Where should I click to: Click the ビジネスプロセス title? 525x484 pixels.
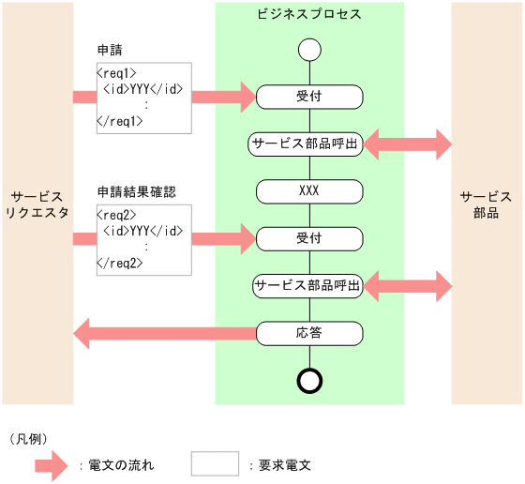[x=308, y=15]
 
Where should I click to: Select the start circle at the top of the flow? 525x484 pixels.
[x=308, y=50]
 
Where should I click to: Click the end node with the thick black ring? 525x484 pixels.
[x=308, y=380]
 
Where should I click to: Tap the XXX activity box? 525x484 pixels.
[x=308, y=190]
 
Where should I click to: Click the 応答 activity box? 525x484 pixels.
[x=308, y=332]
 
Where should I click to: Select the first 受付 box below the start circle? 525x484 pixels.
[x=308, y=96]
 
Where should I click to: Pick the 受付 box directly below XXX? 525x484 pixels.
[x=308, y=238]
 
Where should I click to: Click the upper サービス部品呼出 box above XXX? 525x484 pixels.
[x=306, y=144]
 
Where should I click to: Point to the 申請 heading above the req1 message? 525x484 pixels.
[x=110, y=49]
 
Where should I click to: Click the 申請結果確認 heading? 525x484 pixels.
[x=137, y=191]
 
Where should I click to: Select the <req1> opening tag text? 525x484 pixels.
[x=117, y=71]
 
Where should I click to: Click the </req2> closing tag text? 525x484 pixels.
[x=119, y=264]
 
